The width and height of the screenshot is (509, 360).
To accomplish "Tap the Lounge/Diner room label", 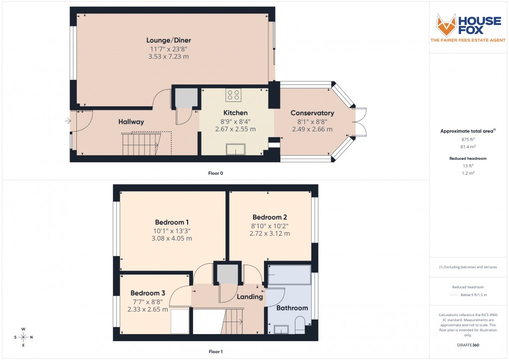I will [169, 40].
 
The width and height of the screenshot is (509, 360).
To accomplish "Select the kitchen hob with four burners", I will [233, 95].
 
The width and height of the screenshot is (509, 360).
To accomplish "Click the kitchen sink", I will [236, 150].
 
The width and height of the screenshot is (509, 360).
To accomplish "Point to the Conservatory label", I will [312, 113].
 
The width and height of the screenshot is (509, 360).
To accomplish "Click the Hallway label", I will [131, 122].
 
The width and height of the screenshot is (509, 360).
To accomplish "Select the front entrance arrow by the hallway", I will [67, 120].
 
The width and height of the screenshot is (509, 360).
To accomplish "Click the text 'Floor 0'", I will [216, 173].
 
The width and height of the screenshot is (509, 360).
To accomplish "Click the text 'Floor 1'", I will [216, 352].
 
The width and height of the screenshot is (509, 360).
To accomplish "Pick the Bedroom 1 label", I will [172, 222].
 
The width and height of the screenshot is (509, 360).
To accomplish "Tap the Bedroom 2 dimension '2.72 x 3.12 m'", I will [269, 233].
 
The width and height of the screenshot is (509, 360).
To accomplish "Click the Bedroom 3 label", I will [147, 293].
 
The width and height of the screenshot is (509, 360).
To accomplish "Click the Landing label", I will [250, 297].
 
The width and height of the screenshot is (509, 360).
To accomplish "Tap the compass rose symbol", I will [23, 337].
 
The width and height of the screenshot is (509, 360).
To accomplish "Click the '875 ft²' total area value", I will [467, 139].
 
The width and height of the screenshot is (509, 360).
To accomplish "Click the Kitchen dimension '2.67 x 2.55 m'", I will [235, 129].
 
